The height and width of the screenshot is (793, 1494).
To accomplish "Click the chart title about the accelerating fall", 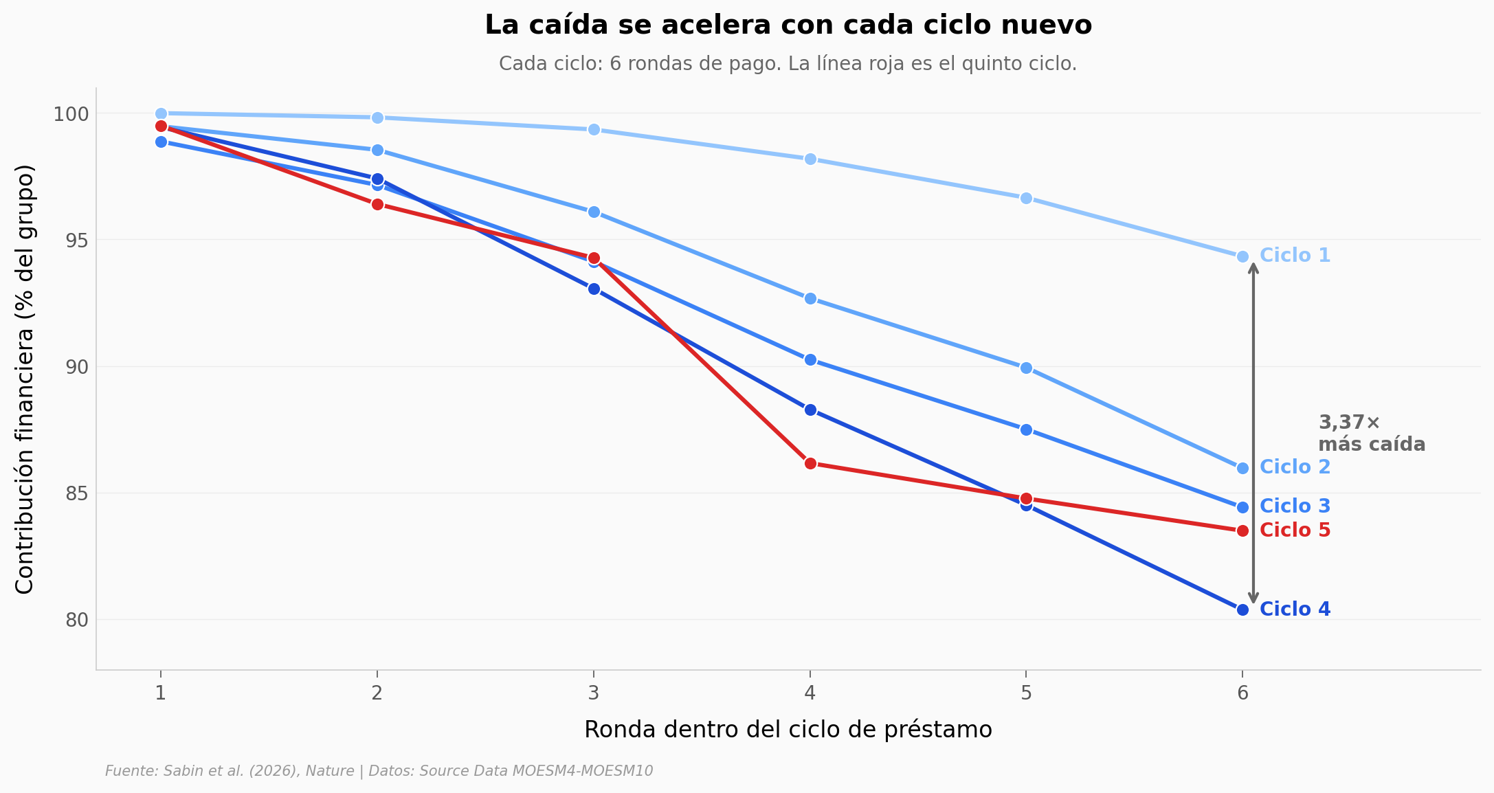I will click(x=788, y=25).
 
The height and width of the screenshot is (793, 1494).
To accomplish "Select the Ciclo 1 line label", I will click(x=1295, y=256).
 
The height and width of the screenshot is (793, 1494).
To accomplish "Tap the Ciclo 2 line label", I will click(x=1295, y=467).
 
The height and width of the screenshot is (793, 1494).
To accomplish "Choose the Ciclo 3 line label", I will click(x=1295, y=506).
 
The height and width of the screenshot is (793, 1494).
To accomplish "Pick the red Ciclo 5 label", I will click(x=1295, y=530).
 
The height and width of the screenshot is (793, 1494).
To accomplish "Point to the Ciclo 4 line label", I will click(x=1295, y=610).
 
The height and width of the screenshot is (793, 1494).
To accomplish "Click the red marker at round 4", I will click(x=810, y=463).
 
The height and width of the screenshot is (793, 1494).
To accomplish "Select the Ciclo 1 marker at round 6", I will click(x=1242, y=256).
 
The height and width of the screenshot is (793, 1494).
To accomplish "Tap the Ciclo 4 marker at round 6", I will click(x=1242, y=610).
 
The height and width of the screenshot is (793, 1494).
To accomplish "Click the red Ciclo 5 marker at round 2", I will click(x=377, y=204).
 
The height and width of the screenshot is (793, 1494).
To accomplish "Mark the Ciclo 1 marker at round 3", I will click(x=594, y=129).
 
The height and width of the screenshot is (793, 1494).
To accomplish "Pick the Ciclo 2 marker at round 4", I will click(x=810, y=298).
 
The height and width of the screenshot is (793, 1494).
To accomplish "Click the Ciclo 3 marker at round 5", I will click(x=1026, y=429).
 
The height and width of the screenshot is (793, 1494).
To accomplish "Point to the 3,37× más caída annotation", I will click(x=1371, y=434).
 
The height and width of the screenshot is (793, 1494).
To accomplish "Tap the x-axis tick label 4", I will click(x=810, y=693).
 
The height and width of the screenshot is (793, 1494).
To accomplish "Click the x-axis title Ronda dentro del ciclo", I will click(x=788, y=730).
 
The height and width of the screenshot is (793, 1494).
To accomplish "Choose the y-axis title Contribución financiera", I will click(x=25, y=379).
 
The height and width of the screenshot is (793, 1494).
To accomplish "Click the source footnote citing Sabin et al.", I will click(x=379, y=771).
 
